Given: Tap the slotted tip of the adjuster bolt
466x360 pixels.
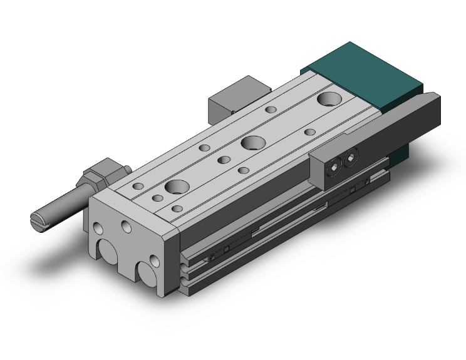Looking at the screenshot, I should (x=38, y=220).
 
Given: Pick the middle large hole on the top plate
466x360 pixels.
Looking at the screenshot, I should (x=253, y=143).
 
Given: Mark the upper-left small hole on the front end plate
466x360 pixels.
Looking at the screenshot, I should (x=97, y=226).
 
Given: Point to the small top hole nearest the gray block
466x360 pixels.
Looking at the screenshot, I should (x=271, y=110).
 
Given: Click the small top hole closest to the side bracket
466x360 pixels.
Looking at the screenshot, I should (x=309, y=132).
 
